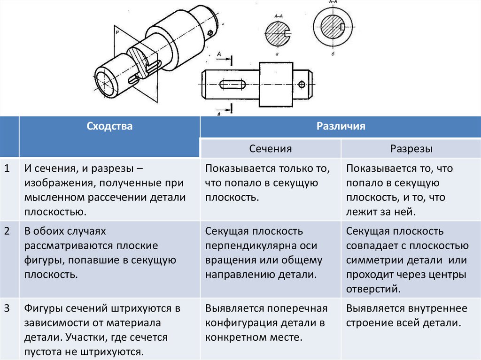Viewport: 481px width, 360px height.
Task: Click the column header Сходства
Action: click(x=109, y=126)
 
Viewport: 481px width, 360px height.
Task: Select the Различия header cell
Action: click(x=341, y=126)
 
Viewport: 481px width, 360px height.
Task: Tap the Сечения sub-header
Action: click(x=271, y=149)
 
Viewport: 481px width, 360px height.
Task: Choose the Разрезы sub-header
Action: click(x=411, y=149)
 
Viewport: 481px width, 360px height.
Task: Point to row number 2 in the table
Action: click(x=7, y=232)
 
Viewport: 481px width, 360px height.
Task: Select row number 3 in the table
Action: click(x=7, y=309)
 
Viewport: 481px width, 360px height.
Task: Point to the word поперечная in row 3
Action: click(x=297, y=309)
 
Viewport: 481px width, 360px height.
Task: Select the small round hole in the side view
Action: click(x=302, y=84)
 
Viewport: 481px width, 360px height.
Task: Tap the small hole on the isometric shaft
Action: click(x=209, y=32)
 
